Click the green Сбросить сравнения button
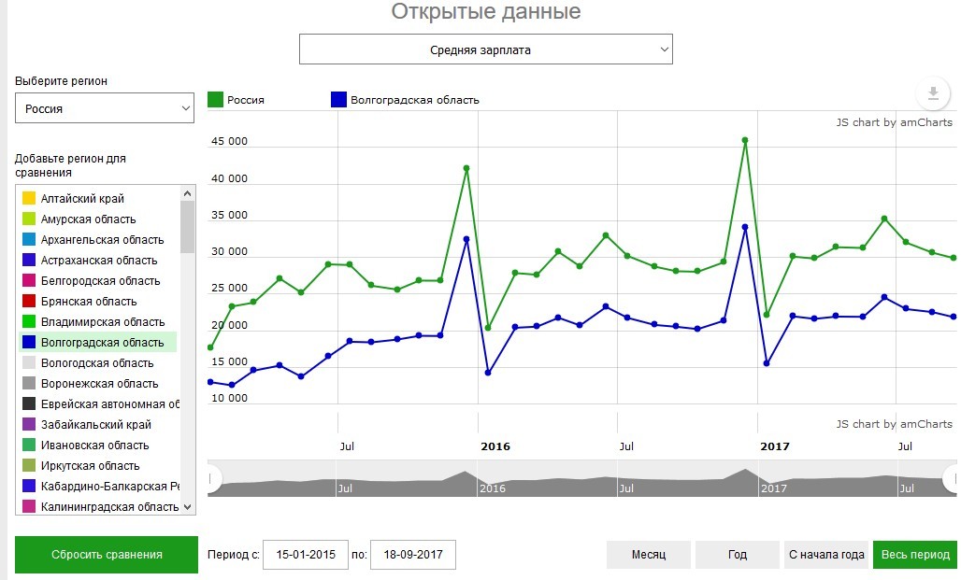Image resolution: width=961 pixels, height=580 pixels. pos(107,555)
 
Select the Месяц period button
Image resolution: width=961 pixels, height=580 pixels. pos(648,555)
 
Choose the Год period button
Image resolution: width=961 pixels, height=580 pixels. pos(737,555)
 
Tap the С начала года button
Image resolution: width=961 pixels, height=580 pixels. pos(825,555)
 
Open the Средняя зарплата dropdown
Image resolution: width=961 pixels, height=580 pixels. pos(485,50)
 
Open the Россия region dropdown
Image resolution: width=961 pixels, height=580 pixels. pos(105,108)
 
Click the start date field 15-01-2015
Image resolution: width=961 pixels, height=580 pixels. pos(306,555)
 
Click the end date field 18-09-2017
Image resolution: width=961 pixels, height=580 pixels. pos(413,555)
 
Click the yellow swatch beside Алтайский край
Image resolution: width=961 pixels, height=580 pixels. pos(29,199)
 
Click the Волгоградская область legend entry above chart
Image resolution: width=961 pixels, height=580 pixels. pos(414,100)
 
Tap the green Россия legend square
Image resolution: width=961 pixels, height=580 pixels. pos(216,100)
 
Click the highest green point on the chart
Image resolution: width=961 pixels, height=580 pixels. pos(745,140)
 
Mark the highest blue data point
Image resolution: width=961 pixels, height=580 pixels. pos(745,227)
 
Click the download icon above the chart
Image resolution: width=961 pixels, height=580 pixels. pos(932,93)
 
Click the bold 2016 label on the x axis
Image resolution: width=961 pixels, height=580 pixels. pos(495,446)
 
